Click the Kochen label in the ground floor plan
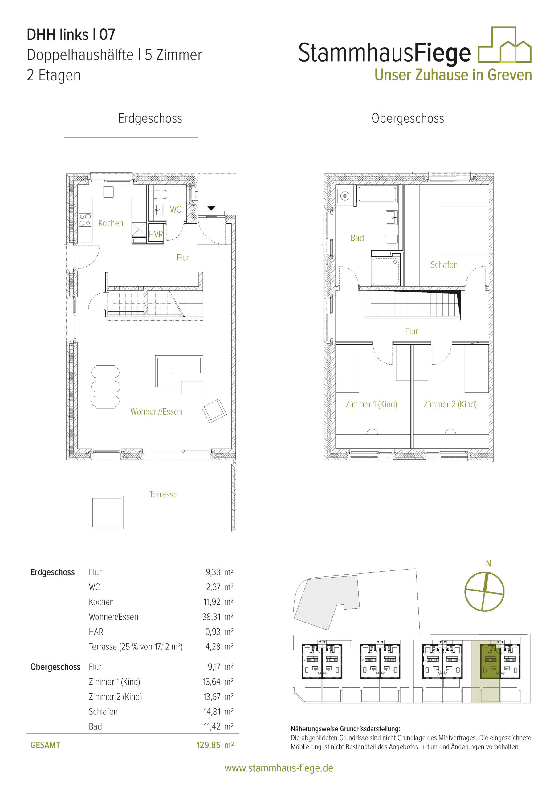click(x=111, y=223)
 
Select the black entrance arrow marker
click(x=211, y=208)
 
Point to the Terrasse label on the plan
click(x=164, y=494)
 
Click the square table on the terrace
click(x=107, y=512)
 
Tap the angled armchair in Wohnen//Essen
click(x=214, y=411)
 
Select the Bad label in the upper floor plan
click(x=357, y=238)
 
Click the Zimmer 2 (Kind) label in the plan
click(x=450, y=404)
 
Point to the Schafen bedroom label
click(x=444, y=265)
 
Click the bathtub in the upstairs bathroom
click(x=377, y=194)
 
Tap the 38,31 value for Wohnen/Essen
click(x=211, y=617)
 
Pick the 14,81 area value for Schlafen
click(x=212, y=711)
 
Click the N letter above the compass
click(x=488, y=564)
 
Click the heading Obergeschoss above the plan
click(x=408, y=119)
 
